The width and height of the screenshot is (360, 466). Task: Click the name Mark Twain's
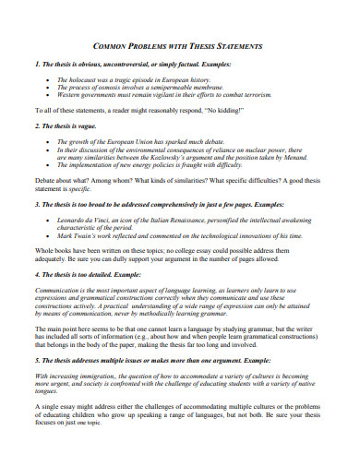point(75,236)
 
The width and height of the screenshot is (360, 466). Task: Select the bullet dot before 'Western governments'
point(47,95)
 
